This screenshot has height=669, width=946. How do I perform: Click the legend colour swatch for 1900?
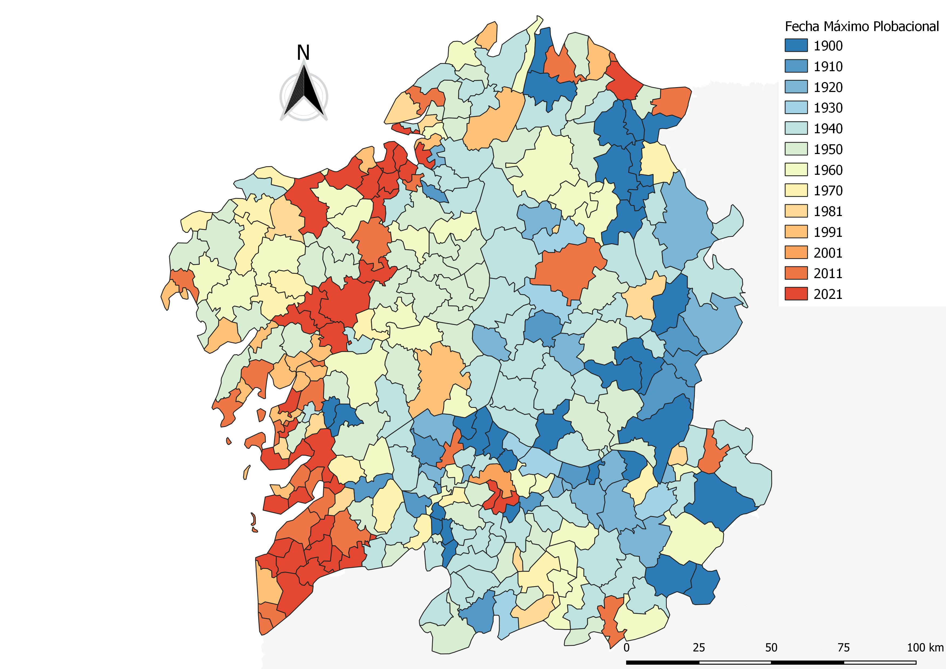tap(796, 46)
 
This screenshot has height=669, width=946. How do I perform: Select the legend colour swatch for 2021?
tap(796, 294)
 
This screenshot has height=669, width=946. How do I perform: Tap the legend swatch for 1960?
tap(796, 170)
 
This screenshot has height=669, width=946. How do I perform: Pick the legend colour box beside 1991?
tap(796, 232)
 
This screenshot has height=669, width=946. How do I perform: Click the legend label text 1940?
tap(828, 128)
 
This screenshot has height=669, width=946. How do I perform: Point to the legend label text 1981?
tap(828, 211)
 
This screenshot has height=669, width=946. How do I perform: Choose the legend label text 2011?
tap(828, 274)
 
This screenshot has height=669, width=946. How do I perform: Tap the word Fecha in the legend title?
tap(802, 26)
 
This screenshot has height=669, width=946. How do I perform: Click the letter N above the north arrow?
tap(303, 53)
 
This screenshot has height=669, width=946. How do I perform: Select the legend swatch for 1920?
tap(796, 87)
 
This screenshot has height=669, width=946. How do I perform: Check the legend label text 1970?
tap(828, 191)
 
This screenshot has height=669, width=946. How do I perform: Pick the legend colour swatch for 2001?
tap(796, 252)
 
